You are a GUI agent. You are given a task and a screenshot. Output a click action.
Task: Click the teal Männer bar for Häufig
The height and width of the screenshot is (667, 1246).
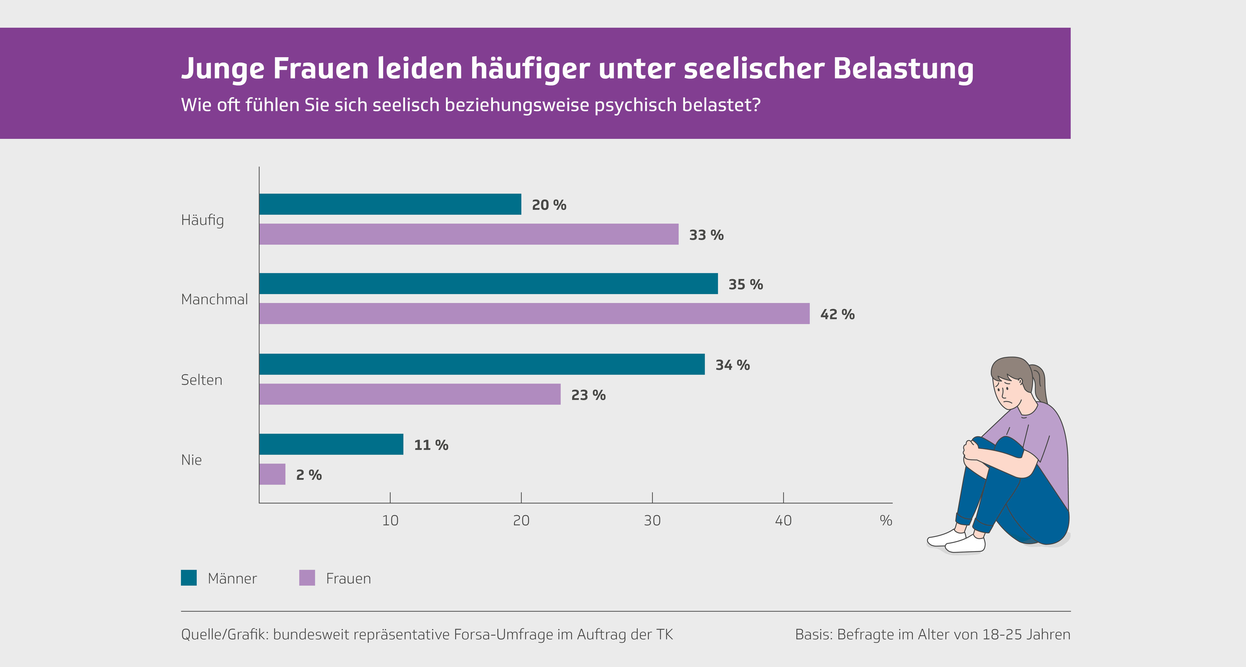click(390, 204)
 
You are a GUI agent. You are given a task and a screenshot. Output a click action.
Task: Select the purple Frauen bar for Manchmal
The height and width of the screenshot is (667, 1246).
click(534, 314)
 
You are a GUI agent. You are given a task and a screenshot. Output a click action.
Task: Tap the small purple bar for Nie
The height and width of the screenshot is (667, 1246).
click(272, 474)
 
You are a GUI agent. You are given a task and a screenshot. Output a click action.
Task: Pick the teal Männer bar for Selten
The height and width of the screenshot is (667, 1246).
click(482, 364)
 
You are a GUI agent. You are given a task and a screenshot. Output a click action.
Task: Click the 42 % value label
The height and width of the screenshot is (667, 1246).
click(837, 315)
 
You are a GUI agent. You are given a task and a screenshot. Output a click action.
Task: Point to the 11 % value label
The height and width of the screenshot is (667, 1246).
click(431, 445)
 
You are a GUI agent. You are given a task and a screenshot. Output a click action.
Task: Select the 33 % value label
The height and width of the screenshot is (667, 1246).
click(706, 235)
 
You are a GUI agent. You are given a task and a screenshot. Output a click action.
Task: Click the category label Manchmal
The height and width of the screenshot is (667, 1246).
click(214, 299)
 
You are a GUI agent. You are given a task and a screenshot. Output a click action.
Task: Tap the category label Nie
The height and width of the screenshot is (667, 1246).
click(191, 460)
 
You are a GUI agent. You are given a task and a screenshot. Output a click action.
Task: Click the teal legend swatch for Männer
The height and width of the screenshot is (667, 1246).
click(189, 578)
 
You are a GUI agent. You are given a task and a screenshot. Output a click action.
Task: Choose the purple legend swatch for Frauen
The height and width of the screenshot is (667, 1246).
click(307, 578)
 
